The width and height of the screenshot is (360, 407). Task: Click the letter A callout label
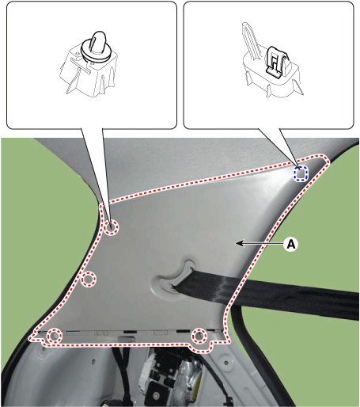pos(290,244)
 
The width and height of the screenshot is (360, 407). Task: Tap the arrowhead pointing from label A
pos(240,244)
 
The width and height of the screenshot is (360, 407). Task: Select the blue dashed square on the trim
pos(301,173)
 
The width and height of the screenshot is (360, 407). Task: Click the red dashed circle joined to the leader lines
pos(111,227)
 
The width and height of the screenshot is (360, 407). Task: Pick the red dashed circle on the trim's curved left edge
pos(89,279)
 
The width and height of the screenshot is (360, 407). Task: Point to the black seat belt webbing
pos(267,293)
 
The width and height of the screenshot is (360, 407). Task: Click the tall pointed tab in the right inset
pos(250,40)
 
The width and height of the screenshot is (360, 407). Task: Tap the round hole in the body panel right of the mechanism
pos(225,363)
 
